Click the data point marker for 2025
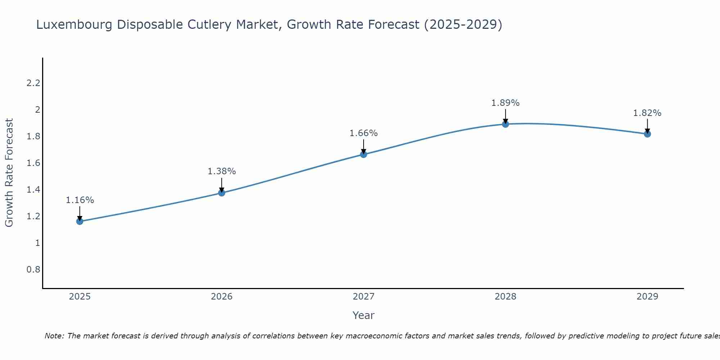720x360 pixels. [80, 221]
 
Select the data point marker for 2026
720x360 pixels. [222, 193]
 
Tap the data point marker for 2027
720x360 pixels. [364, 154]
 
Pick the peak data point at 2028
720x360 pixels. [505, 124]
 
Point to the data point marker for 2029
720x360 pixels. [647, 134]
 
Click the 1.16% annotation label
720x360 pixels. [80, 200]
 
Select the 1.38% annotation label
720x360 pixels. [222, 171]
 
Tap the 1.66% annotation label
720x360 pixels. [364, 133]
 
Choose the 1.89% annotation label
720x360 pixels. [505, 103]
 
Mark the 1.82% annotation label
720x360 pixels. [647, 113]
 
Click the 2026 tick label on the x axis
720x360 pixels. [222, 297]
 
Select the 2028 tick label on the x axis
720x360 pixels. [505, 297]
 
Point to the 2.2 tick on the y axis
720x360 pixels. [33, 83]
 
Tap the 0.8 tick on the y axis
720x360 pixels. [33, 270]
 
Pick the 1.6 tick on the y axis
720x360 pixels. [33, 163]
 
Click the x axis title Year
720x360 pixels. [364, 315]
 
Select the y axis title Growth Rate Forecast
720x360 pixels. [9, 173]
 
